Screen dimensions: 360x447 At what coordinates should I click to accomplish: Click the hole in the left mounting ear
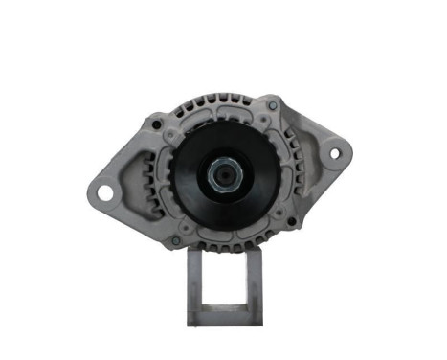104,192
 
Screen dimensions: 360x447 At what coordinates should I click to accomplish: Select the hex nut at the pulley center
222,175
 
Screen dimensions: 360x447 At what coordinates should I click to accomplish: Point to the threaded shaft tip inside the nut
222,175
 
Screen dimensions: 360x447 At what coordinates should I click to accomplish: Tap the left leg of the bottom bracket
192,287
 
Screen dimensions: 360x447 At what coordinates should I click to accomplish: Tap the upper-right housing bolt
274,104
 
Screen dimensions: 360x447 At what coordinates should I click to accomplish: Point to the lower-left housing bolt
174,239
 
